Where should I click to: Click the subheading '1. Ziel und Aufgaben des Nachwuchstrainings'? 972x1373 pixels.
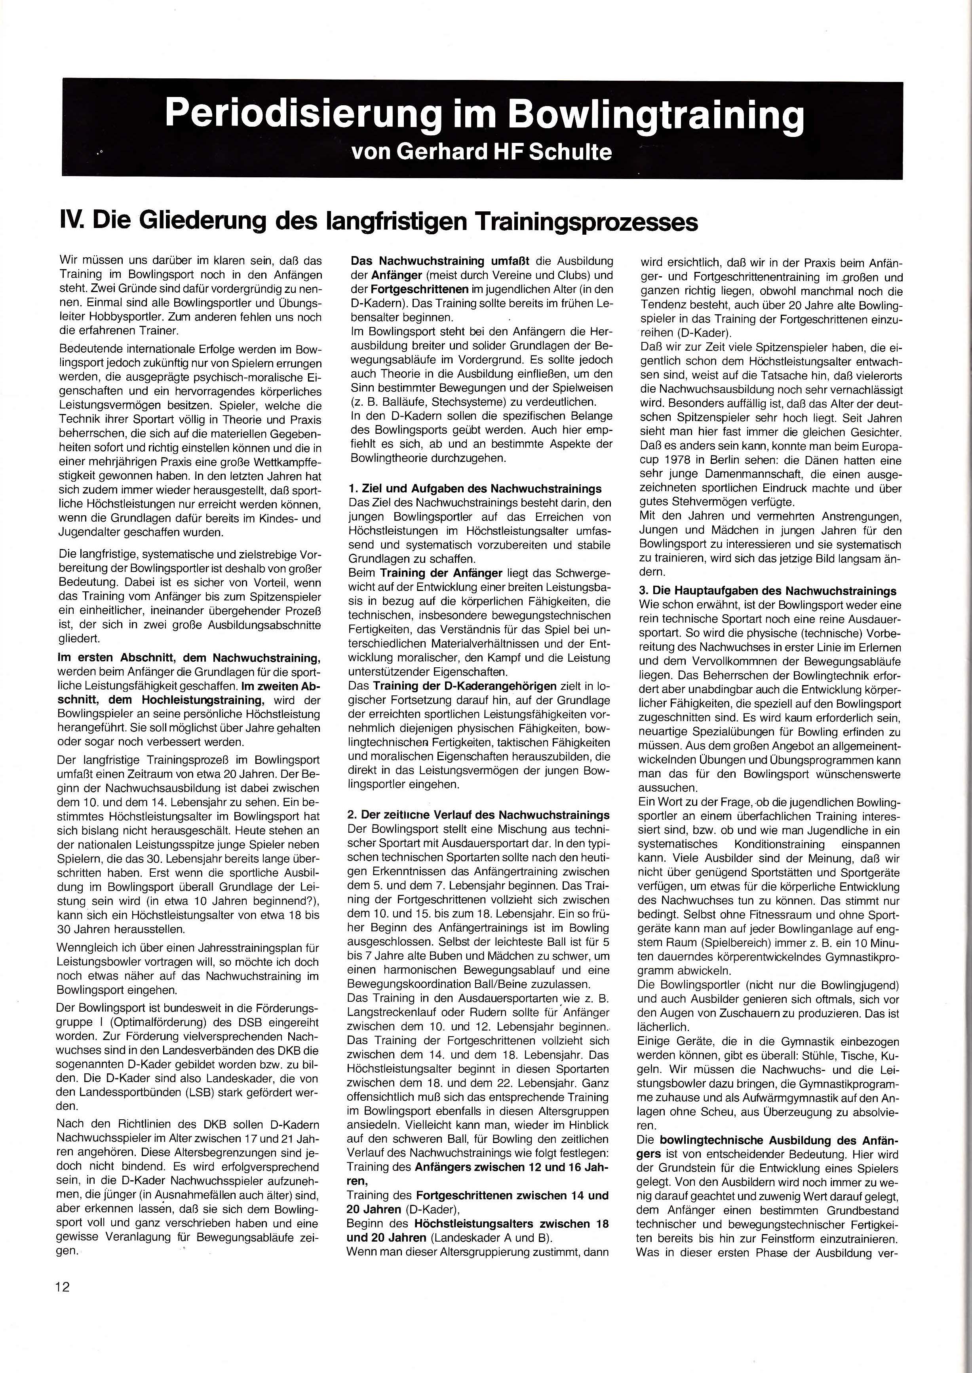coord(475,489)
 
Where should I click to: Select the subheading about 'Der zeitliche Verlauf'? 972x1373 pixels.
coord(479,815)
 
